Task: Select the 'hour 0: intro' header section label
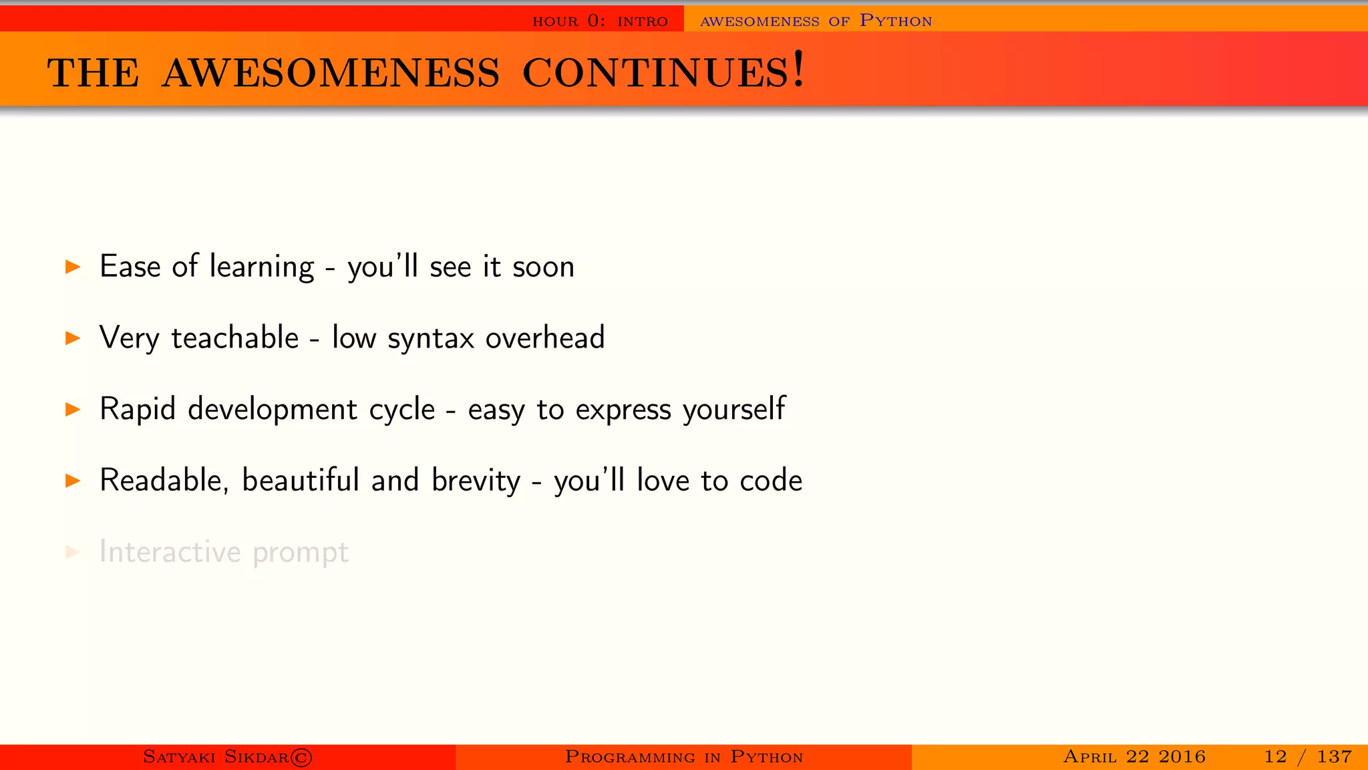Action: click(x=600, y=21)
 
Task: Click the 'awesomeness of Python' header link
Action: click(x=816, y=21)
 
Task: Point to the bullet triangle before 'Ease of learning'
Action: click(x=73, y=267)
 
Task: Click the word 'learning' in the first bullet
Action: click(x=261, y=267)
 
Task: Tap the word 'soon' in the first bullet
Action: click(x=543, y=267)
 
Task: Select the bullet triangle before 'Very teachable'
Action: click(x=73, y=338)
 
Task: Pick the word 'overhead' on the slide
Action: click(x=545, y=338)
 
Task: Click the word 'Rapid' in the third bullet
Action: click(x=137, y=410)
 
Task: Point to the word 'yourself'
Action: click(x=734, y=410)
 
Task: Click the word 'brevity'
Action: click(x=476, y=481)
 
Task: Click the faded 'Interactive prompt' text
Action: click(x=224, y=553)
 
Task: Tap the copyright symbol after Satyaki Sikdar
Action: click(x=301, y=757)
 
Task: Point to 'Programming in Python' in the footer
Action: click(x=683, y=757)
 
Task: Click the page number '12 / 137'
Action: click(x=1307, y=757)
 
